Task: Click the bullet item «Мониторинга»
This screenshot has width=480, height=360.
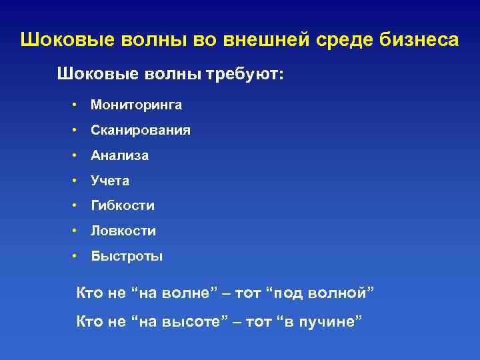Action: click(136, 105)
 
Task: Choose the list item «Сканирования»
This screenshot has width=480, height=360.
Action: click(141, 130)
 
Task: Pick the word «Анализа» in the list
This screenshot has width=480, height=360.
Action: click(120, 155)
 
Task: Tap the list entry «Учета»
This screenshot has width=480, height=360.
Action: click(110, 181)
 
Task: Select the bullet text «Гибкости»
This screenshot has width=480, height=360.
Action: click(123, 206)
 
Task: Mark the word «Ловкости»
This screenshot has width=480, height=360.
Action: click(123, 231)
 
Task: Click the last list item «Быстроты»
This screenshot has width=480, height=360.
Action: click(127, 257)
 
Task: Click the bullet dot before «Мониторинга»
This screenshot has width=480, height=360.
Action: click(77, 105)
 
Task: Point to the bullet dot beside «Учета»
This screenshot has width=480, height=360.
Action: click(77, 181)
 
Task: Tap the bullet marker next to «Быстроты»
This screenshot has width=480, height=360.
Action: click(77, 257)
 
